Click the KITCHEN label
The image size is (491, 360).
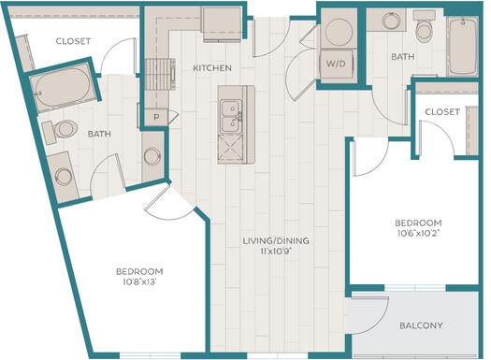point(212,68)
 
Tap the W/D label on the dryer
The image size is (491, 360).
point(336,64)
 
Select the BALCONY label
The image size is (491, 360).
point(421,325)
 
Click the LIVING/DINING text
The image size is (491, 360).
point(276,240)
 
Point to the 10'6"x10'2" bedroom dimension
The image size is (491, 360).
point(418,233)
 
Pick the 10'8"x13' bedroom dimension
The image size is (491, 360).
point(139,282)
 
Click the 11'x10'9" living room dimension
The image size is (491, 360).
point(276,252)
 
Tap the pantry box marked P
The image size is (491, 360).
point(156,117)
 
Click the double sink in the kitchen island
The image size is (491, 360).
point(232,116)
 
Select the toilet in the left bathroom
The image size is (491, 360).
point(60,131)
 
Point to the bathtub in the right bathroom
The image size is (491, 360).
point(462,46)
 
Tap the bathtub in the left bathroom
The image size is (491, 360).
point(63,88)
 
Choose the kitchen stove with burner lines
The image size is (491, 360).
point(160,75)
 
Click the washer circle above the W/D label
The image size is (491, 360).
point(339,32)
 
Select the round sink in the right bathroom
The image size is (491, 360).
point(391,21)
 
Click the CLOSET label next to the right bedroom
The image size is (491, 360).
point(442,112)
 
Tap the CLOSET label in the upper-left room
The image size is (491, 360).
point(73,41)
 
